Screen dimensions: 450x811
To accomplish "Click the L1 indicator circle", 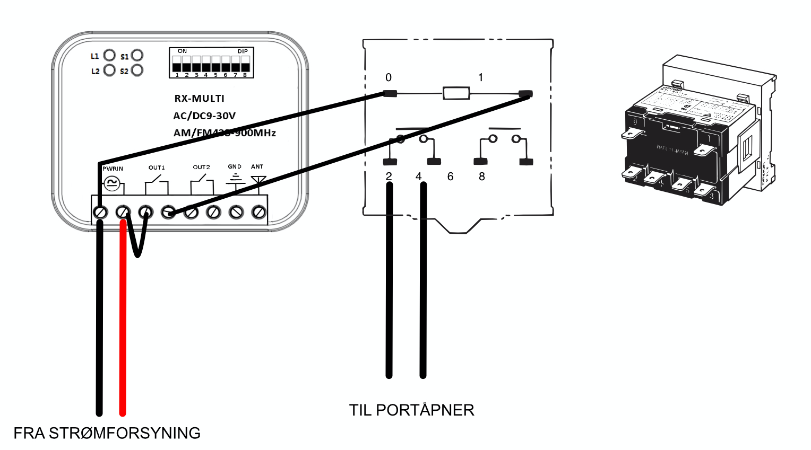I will click(109, 55).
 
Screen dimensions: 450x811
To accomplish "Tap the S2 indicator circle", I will click(137, 70).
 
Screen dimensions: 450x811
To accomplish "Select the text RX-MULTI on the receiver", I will click(200, 99).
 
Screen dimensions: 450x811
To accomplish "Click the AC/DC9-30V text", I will click(204, 116).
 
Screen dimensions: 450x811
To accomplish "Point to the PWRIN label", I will click(113, 169).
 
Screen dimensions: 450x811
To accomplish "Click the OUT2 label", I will click(201, 167).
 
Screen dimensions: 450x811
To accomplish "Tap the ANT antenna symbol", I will click(258, 180).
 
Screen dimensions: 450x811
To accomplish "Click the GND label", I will click(235, 166).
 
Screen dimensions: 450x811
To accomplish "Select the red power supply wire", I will click(123, 318).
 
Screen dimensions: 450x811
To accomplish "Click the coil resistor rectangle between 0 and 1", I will click(456, 94).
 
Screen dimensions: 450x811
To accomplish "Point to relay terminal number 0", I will click(389, 77).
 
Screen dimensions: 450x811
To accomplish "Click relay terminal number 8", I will click(482, 177).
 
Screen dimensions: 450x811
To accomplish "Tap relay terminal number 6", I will click(450, 177).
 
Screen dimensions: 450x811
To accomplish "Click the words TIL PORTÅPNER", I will click(411, 410).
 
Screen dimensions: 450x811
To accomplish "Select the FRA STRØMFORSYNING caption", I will click(107, 433).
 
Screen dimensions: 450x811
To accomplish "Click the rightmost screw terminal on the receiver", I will click(258, 213).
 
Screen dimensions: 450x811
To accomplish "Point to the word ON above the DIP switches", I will click(183, 51).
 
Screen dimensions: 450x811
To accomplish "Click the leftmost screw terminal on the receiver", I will click(100, 213).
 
